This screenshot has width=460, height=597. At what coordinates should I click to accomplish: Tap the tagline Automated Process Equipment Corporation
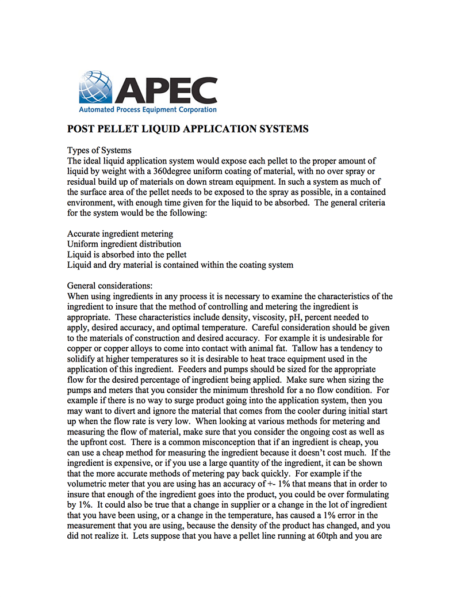point(148,109)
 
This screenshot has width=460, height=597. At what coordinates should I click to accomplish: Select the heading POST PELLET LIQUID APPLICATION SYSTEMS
point(188,129)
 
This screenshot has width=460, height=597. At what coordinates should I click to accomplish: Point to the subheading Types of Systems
point(99,151)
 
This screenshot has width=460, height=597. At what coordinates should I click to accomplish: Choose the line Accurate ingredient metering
point(120,234)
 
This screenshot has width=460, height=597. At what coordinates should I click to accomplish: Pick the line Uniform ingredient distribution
point(124,244)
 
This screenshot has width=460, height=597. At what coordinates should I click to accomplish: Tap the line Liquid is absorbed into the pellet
point(126,254)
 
